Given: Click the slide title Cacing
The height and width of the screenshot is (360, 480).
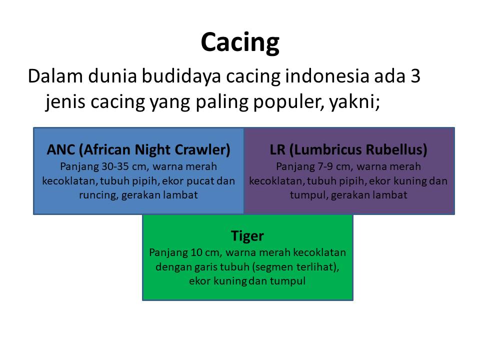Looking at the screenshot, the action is pyautogui.click(x=240, y=42).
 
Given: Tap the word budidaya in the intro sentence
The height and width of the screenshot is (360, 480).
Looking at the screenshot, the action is pyautogui.click(x=181, y=76).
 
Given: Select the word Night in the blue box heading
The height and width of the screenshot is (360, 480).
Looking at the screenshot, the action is pyautogui.click(x=152, y=150).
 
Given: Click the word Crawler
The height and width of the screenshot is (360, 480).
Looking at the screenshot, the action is pyautogui.click(x=202, y=150).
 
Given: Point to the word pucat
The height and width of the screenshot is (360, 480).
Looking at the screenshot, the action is pyautogui.click(x=200, y=181).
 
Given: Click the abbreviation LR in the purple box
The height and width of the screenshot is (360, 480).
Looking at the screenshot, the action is pyautogui.click(x=277, y=149).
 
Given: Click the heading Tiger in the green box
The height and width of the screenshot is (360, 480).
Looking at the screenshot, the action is pyautogui.click(x=247, y=236).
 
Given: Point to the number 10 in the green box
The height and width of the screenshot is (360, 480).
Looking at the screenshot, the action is pyautogui.click(x=196, y=252).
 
